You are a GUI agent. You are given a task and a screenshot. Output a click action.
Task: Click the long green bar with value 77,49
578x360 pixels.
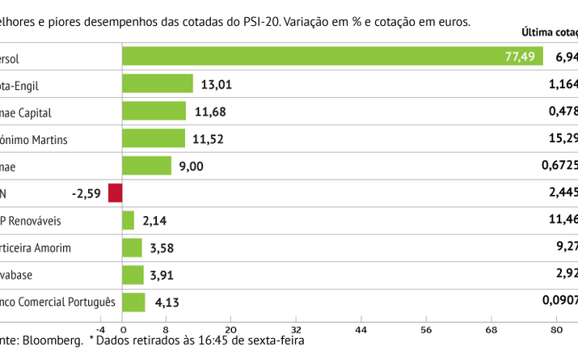tap(331, 56)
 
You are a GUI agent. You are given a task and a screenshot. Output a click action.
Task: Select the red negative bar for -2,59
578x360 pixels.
tap(115, 193)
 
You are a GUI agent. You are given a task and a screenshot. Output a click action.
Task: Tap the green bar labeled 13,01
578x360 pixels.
tap(158, 83)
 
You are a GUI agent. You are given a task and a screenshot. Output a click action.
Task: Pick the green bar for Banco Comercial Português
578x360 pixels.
tap(133, 303)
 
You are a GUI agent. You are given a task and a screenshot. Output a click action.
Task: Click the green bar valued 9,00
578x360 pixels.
tap(146, 166)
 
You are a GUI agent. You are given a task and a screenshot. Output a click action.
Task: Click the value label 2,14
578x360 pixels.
tap(154, 221)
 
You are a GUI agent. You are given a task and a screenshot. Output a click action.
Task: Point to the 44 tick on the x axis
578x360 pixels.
tap(361, 329)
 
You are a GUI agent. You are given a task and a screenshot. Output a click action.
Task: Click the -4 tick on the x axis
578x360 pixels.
tap(101, 329)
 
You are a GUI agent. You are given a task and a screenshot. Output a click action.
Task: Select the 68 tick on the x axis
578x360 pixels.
tap(491, 329)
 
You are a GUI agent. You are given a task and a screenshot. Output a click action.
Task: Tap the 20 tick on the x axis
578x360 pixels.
tap(230, 329)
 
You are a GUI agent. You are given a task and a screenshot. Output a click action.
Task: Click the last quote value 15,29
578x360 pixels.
tap(563, 139)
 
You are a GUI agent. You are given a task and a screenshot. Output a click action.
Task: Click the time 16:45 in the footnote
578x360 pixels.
tap(202, 341)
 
